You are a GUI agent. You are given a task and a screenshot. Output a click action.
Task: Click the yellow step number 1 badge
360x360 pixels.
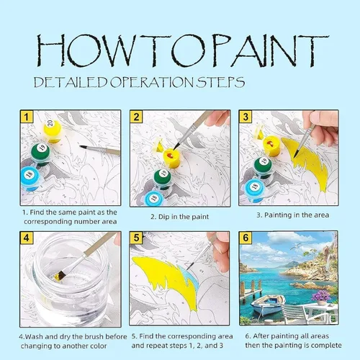click(x=27, y=117)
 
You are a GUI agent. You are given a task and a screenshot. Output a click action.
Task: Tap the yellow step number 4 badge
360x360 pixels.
click(x=27, y=238)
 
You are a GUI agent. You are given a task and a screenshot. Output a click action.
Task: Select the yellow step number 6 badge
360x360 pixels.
click(x=246, y=238)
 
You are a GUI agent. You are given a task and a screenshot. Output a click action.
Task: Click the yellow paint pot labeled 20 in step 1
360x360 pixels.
click(x=53, y=131)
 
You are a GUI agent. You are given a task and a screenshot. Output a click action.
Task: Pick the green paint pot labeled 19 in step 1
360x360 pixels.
click(x=40, y=153)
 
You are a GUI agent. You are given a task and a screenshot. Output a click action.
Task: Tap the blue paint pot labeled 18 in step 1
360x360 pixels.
click(x=30, y=178)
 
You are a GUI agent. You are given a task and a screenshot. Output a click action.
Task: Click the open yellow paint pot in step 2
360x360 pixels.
click(x=171, y=158)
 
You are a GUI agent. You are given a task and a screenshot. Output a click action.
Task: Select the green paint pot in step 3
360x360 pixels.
click(x=262, y=166)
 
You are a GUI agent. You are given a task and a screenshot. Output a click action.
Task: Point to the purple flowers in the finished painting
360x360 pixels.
click(x=321, y=296)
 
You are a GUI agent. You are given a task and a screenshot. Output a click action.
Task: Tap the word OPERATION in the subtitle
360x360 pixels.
click(x=152, y=82)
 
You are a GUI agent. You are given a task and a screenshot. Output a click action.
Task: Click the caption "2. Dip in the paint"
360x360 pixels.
click(x=180, y=217)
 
